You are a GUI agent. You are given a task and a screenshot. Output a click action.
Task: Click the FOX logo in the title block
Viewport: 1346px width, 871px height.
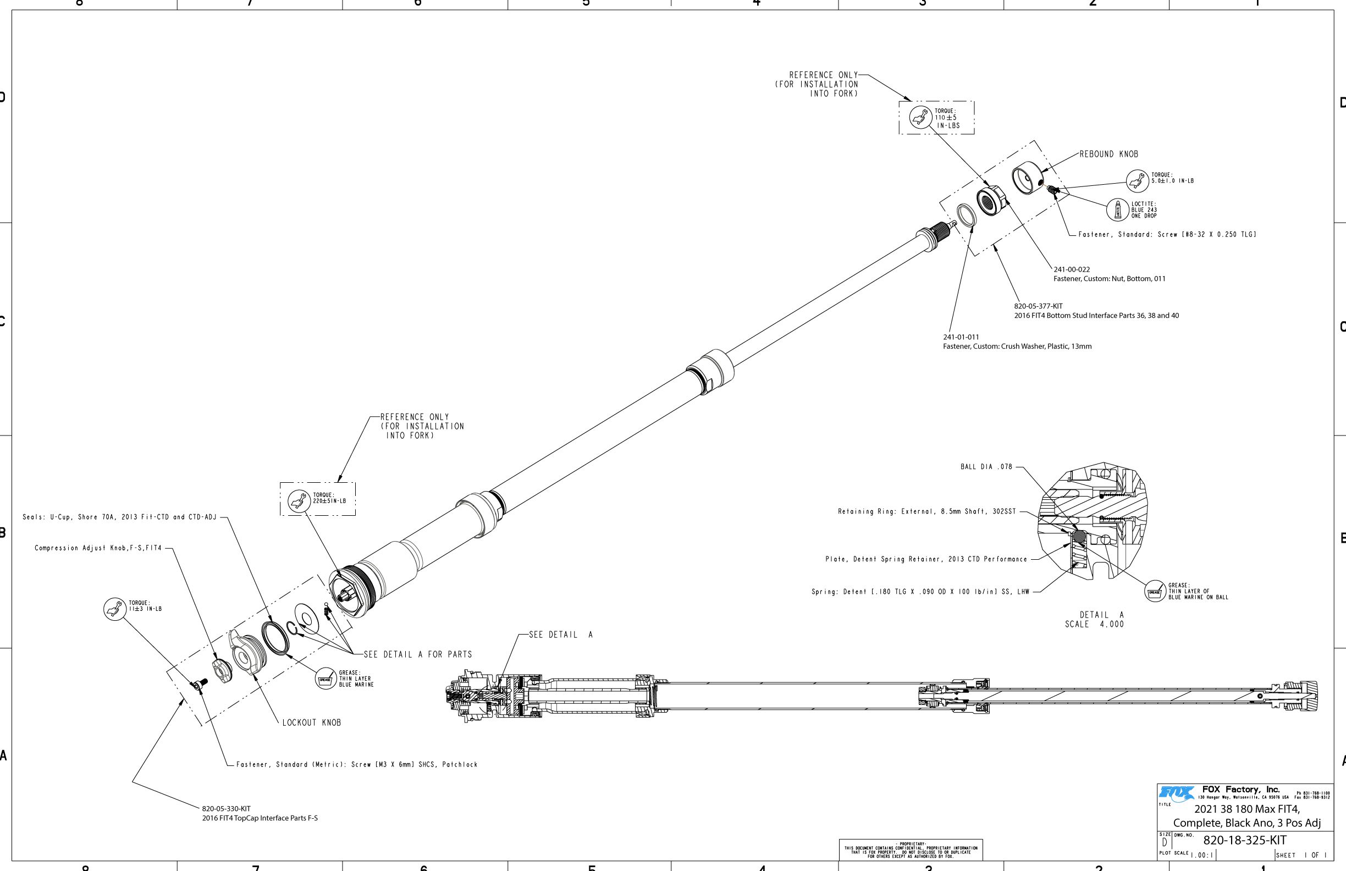coord(1176,794)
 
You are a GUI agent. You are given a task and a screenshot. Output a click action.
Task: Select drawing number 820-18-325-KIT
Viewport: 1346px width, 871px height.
coord(1244,840)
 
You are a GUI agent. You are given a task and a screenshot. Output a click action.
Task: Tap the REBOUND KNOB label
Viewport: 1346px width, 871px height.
coord(1108,154)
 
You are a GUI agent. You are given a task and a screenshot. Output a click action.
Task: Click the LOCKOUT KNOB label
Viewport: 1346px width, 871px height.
coord(312,723)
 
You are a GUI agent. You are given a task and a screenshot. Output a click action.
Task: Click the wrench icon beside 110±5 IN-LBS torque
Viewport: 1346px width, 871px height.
coord(920,117)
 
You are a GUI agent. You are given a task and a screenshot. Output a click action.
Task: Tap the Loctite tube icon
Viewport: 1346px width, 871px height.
coord(1117,210)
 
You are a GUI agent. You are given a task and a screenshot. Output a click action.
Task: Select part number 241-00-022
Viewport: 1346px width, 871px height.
coord(1071,270)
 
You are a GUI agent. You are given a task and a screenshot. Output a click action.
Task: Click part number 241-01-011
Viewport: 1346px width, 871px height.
coord(961,337)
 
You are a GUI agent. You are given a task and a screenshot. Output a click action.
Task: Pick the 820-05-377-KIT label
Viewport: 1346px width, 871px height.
coord(1038,306)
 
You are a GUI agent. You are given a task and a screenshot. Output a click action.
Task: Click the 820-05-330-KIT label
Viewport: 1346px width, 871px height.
coord(226,809)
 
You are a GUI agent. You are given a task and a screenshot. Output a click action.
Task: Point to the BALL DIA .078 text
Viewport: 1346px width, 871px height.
coord(986,467)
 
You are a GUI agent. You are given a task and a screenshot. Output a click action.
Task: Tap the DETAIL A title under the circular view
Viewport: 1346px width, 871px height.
coord(1101,615)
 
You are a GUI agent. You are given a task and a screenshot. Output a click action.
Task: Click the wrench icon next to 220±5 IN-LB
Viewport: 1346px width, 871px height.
coord(299,500)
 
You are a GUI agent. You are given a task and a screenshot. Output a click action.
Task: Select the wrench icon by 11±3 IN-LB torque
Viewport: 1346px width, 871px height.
coord(115,609)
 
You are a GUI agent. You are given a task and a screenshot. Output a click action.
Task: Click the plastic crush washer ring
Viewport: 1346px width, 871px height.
coord(966,217)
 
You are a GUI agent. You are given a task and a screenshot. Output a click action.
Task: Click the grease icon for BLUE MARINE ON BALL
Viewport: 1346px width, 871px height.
coord(1154,592)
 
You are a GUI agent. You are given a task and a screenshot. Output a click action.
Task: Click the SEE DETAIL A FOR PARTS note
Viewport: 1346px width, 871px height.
coord(417,654)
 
